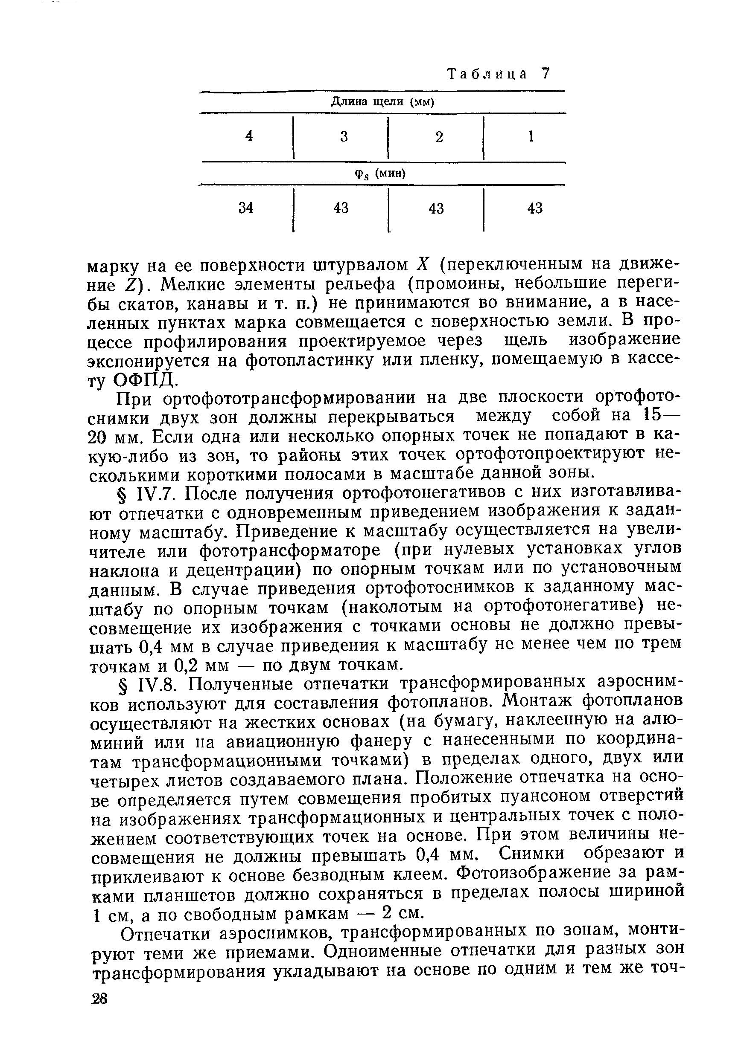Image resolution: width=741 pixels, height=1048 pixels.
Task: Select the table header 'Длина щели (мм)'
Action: click(382, 102)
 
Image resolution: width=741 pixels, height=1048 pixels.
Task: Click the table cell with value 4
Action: click(249, 136)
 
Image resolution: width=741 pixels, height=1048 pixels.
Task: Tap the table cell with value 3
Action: click(344, 136)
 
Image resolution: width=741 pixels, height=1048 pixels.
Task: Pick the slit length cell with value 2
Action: click(439, 137)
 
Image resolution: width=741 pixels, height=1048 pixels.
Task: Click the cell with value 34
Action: click(246, 208)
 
